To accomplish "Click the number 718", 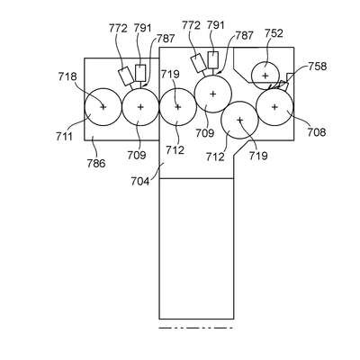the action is coord(67,76).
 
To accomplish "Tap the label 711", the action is coord(64,137).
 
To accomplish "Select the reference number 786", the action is coord(96,164).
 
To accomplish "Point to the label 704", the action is coord(139,182).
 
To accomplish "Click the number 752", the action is coord(274,33).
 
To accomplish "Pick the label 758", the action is coord(317,66).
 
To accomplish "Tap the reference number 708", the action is coord(316,132).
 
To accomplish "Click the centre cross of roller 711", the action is coord(103,107).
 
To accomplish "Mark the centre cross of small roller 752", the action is coord(265,76).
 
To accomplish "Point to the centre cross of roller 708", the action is coord(274,107).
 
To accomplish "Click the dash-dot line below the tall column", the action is coord(196,328).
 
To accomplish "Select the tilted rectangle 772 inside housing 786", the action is coord(126,76).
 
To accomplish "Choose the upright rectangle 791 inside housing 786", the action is coord(140,73).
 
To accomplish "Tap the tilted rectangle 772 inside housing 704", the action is coord(199,63).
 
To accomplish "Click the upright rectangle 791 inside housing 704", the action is coord(213,60).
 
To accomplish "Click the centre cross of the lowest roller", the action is coord(239,120).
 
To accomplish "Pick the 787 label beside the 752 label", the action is coord(244,36).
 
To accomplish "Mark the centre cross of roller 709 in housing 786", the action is coord(140,107).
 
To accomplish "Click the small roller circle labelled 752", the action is coord(265,76).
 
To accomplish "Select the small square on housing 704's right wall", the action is coord(291,76).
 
